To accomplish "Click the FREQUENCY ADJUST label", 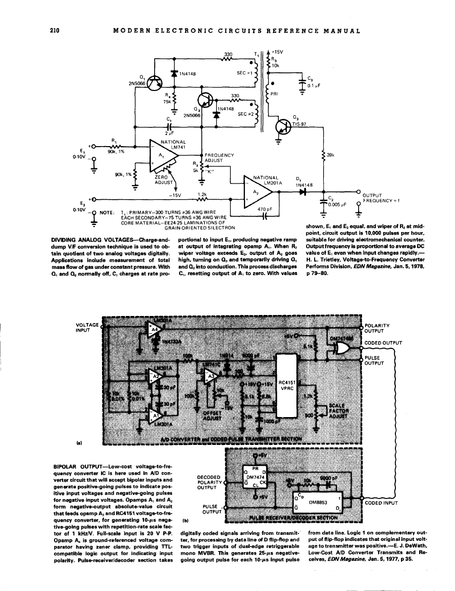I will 218,157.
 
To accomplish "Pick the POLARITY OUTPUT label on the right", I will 379,329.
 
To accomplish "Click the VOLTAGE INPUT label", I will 87,327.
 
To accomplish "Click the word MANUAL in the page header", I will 342,31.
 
